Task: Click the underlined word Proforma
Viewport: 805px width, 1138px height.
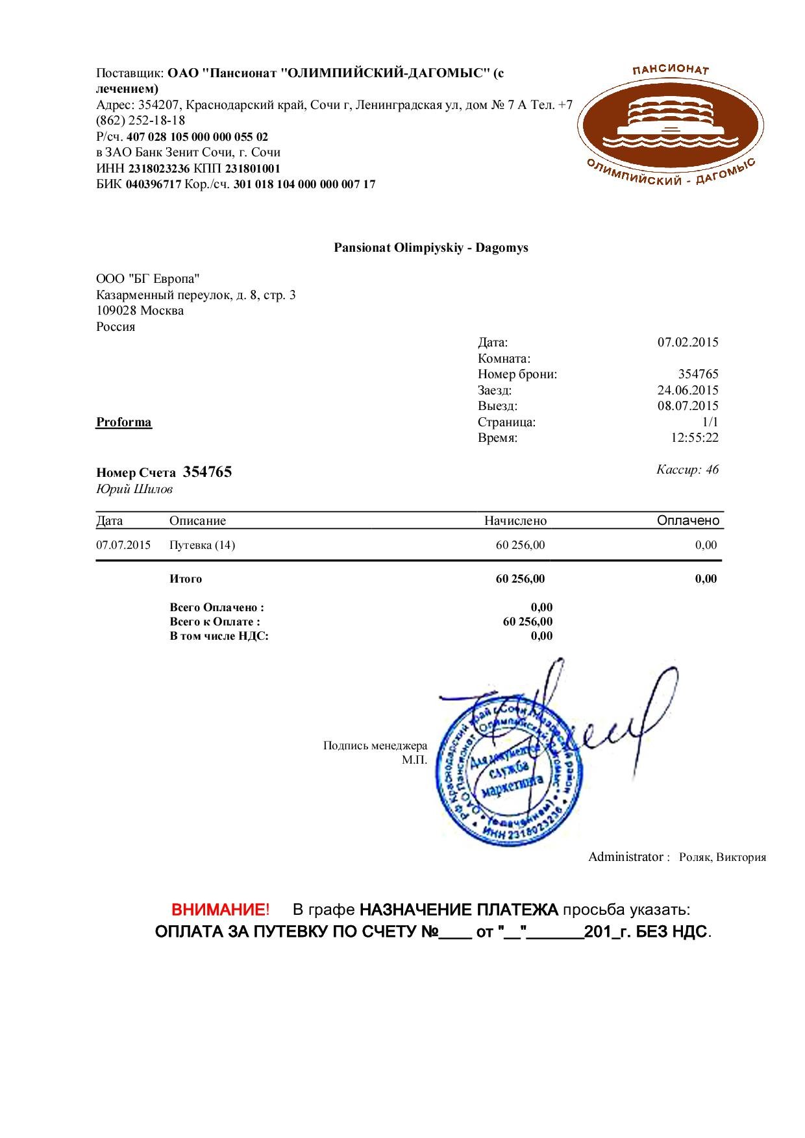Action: (x=124, y=422)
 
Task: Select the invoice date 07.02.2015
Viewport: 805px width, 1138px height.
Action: (x=687, y=343)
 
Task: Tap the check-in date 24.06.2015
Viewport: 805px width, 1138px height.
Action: (x=687, y=391)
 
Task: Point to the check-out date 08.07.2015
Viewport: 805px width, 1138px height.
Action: (x=687, y=406)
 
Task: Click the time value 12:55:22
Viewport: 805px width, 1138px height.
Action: (x=694, y=438)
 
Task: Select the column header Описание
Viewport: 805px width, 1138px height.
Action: (x=197, y=521)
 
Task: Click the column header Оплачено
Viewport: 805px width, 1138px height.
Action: (x=688, y=521)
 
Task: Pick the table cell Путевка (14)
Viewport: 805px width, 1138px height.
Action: (x=202, y=545)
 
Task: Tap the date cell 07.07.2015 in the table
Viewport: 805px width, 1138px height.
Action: (x=123, y=545)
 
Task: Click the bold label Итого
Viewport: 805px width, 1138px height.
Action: (x=186, y=579)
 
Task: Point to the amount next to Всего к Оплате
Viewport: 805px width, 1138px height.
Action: (x=528, y=622)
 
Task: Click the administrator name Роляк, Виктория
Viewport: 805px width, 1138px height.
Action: (x=722, y=857)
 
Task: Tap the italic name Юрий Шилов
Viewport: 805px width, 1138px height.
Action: (x=134, y=490)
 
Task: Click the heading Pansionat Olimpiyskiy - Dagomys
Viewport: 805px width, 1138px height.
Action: (x=431, y=248)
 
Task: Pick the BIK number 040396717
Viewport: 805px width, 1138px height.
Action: (x=153, y=184)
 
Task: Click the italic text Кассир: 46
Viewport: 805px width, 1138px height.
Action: (x=687, y=470)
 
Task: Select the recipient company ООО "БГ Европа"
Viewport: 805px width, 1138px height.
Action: (x=148, y=279)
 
